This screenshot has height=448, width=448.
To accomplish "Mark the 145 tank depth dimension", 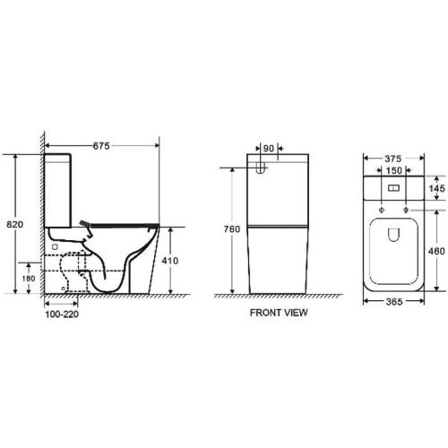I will coord(437,189).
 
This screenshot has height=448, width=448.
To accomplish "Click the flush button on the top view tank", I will coord(394,189).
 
